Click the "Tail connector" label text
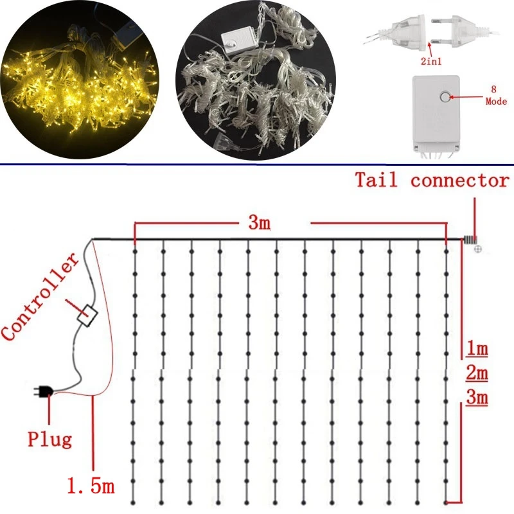pyautogui.click(x=432, y=181)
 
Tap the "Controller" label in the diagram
pyautogui.click(x=40, y=297)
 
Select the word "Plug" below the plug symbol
pyautogui.click(x=49, y=440)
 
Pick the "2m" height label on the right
pyautogui.click(x=476, y=373)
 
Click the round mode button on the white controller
pyautogui.click(x=445, y=98)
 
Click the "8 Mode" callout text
pyautogui.click(x=496, y=97)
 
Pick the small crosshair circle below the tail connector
pyautogui.click(x=478, y=249)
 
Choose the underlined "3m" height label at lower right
pyautogui.click(x=476, y=398)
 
